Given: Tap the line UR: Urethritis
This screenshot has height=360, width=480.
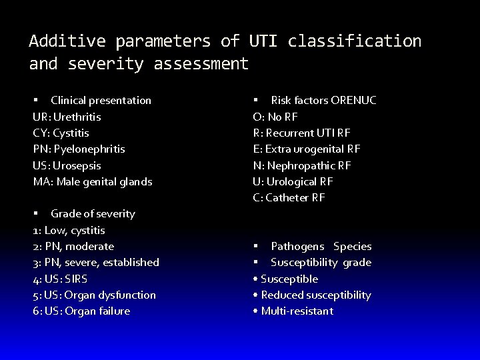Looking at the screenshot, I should pos(67,117).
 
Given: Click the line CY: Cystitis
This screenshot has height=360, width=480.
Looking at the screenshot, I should pos(62,133).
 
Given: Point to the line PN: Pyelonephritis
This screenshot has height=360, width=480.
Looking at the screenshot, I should pos(79,149).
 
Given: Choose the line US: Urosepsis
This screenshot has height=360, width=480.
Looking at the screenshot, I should pos(67,165).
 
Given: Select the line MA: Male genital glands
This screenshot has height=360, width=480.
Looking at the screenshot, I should pos(93,181).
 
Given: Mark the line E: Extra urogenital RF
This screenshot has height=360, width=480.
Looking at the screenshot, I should pos(307,149).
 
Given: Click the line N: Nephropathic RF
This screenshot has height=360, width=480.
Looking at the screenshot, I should pos(302,165).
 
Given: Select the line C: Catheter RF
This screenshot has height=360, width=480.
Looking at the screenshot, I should pos(289,197).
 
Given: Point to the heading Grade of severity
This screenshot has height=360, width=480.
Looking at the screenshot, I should pos(93,214).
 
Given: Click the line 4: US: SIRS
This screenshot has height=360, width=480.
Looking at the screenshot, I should pos(60,279).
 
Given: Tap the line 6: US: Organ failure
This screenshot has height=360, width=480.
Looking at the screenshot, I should pos(81,311).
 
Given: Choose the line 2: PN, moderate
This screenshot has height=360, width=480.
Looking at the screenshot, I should pos(73,247).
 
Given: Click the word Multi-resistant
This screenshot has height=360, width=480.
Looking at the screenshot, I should pos(297,311).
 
